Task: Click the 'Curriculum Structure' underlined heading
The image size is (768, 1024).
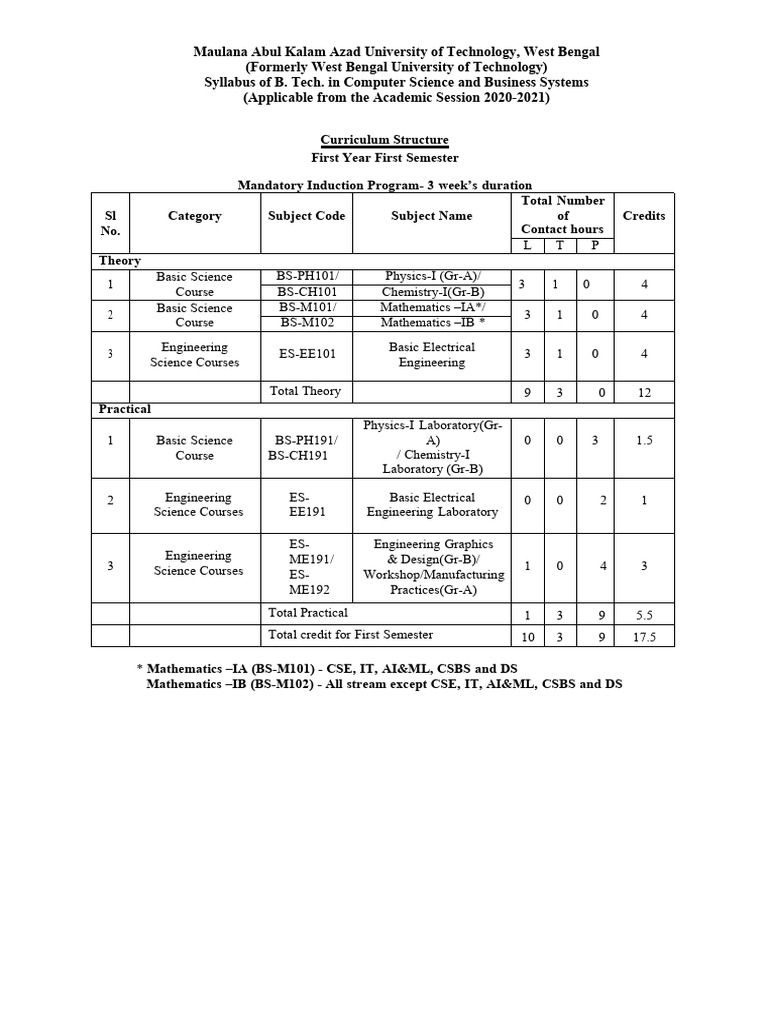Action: click(384, 140)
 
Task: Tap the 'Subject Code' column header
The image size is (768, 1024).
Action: click(307, 216)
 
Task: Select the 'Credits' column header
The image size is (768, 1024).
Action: click(644, 216)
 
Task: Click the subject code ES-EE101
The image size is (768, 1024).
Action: click(307, 355)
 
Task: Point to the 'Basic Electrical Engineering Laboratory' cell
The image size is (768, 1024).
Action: click(432, 505)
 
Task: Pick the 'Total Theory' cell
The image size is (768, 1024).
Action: click(305, 392)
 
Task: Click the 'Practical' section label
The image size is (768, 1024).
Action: click(125, 410)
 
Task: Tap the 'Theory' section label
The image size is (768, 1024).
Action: click(120, 261)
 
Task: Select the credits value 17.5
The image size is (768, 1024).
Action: click(644, 637)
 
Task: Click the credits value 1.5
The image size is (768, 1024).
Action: click(644, 441)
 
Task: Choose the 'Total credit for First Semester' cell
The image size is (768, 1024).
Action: click(350, 635)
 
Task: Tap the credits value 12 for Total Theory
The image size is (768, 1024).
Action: click(644, 393)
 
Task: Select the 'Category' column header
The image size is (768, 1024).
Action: click(195, 216)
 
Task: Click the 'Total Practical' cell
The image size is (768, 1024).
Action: click(308, 613)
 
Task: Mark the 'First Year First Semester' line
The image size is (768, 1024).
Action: click(384, 158)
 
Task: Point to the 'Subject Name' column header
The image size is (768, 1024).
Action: click(432, 216)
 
